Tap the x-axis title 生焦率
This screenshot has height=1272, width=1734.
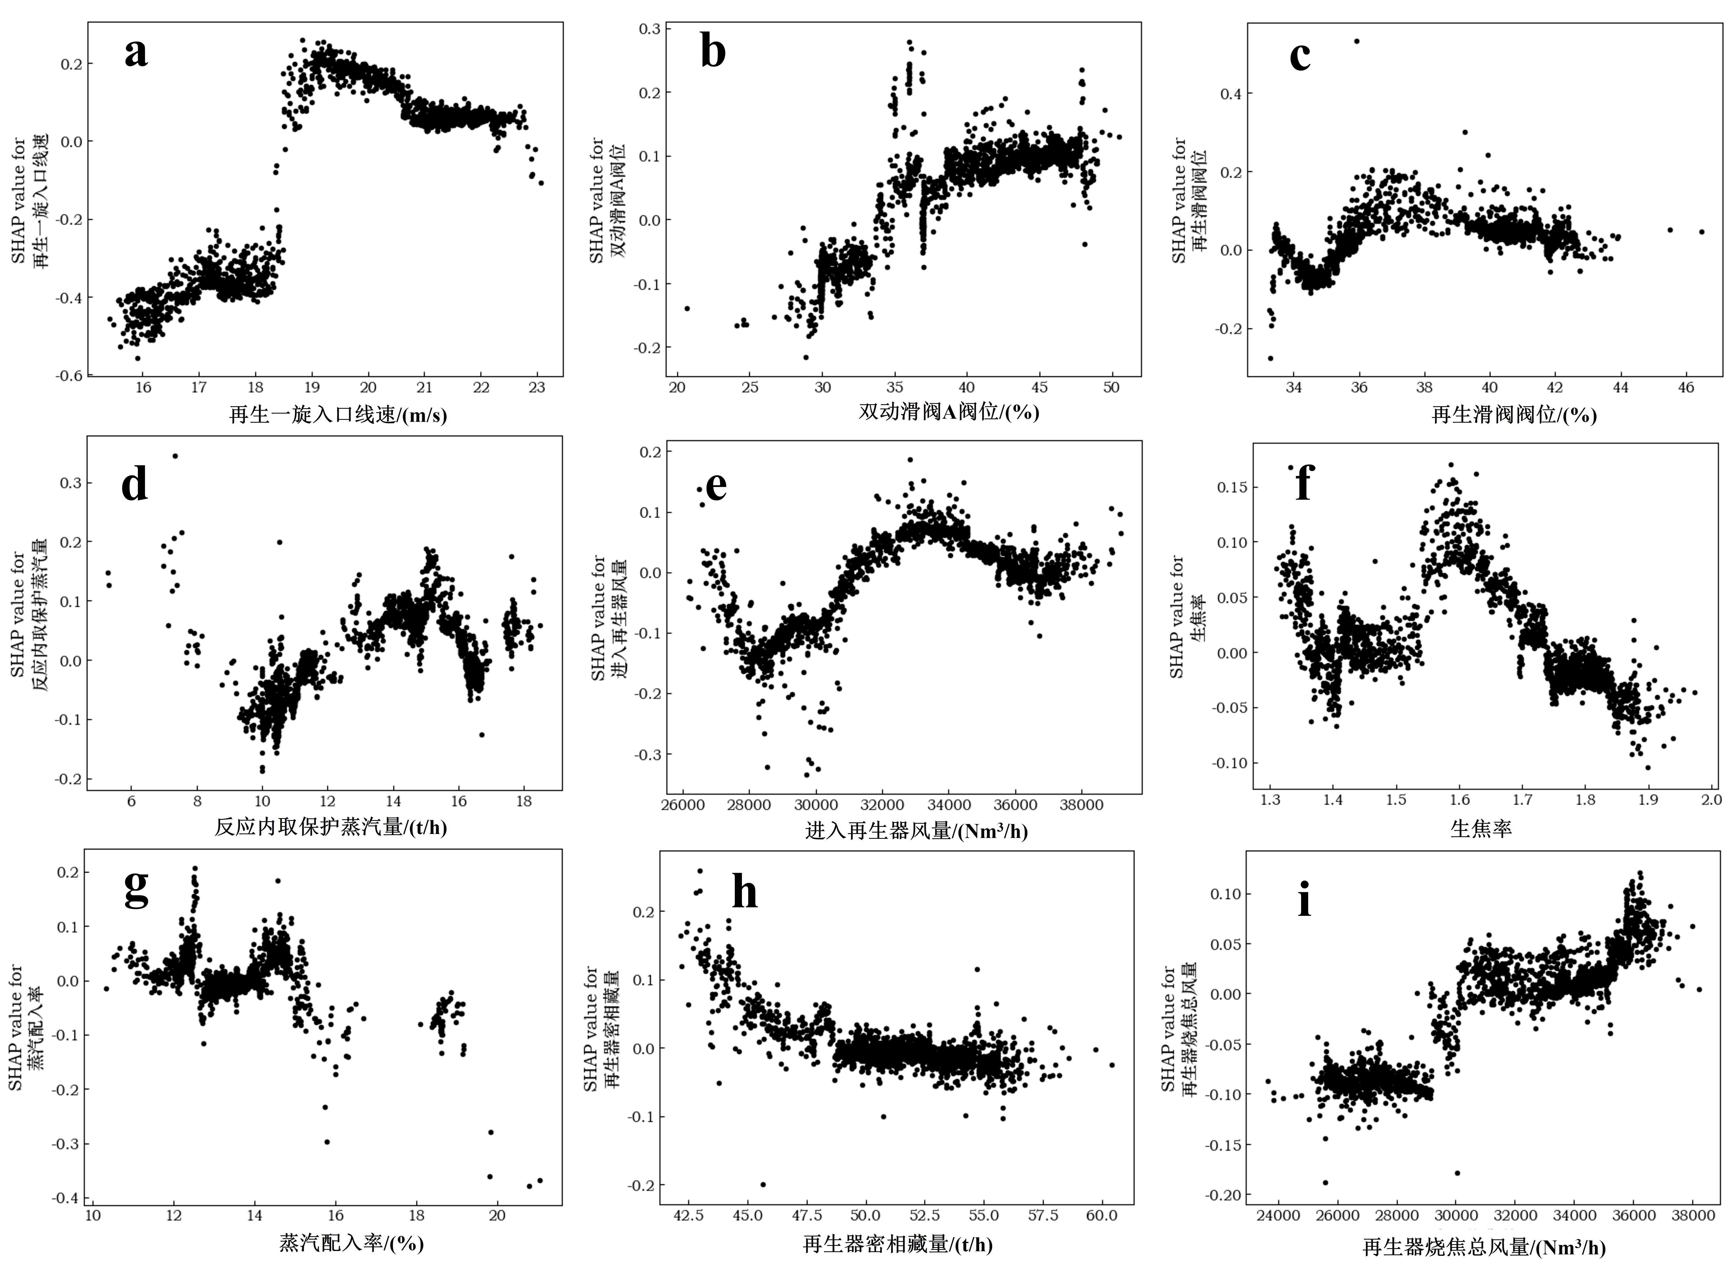1481,829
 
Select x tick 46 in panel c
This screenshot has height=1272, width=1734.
1685,387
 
